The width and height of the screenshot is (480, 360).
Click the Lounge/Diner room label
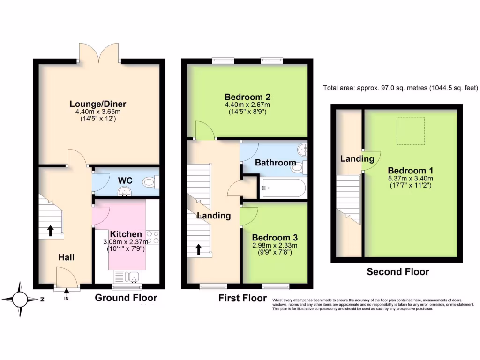point(98,104)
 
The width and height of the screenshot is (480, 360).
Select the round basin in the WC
point(124,191)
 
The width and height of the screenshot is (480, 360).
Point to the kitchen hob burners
point(153,238)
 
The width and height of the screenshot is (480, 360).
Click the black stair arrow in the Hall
point(50,231)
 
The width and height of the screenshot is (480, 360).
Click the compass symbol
point(20,299)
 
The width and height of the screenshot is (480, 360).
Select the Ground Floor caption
point(126,298)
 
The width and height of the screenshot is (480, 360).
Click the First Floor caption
point(242,298)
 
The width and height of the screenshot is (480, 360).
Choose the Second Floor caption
point(397,271)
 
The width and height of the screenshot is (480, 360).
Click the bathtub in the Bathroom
point(284,188)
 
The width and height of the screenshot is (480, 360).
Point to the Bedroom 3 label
point(275,238)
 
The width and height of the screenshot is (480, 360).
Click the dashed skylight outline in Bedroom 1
point(411,130)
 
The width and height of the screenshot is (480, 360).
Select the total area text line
point(400,88)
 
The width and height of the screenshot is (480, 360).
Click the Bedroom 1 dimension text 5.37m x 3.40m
point(410,178)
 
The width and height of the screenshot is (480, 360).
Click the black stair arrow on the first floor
point(199,249)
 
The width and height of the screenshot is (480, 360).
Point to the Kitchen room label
point(126,234)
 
